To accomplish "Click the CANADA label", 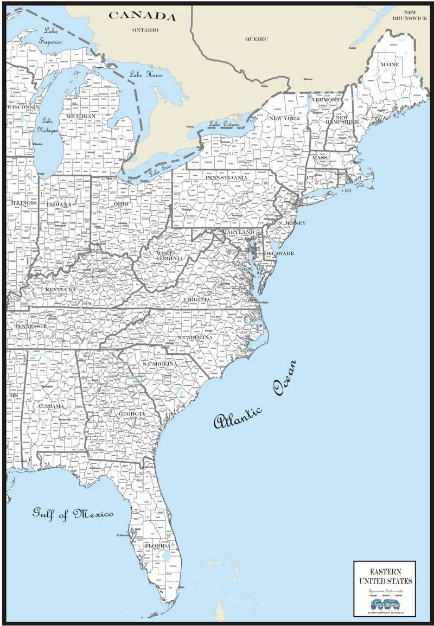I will [143, 16].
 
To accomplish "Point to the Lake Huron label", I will [146, 75].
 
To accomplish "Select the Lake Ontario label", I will [224, 124].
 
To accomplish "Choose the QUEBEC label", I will [257, 39].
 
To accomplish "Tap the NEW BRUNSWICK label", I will [411, 15].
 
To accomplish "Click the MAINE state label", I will [390, 65].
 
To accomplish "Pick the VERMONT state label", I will [326, 100].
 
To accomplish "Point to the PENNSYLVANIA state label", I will [226, 177].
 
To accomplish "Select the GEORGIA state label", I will [132, 414].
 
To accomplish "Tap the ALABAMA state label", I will [50, 406].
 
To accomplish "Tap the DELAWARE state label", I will [279, 253].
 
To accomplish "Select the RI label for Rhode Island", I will [348, 191].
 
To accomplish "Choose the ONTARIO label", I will [145, 30].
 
